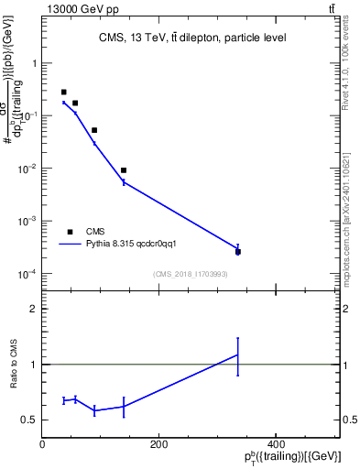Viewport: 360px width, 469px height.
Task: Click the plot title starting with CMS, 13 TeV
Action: pos(191,38)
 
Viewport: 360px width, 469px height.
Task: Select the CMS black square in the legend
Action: pos(70,232)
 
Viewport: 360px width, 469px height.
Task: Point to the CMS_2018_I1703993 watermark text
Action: pos(191,274)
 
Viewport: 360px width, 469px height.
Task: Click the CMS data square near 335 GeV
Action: pos(237,252)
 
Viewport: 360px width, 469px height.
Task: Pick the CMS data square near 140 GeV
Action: pos(124,170)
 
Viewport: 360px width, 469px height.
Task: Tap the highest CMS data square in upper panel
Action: pos(63,93)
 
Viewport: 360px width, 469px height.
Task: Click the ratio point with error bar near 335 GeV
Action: pos(237,354)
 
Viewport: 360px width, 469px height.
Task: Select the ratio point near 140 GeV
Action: pos(124,406)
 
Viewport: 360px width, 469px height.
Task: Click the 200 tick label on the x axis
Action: pos(158,444)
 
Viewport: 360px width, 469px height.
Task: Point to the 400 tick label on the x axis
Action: pos(275,444)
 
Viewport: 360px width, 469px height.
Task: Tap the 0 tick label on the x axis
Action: pos(42,444)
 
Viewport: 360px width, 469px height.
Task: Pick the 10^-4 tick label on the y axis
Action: pos(27,274)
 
